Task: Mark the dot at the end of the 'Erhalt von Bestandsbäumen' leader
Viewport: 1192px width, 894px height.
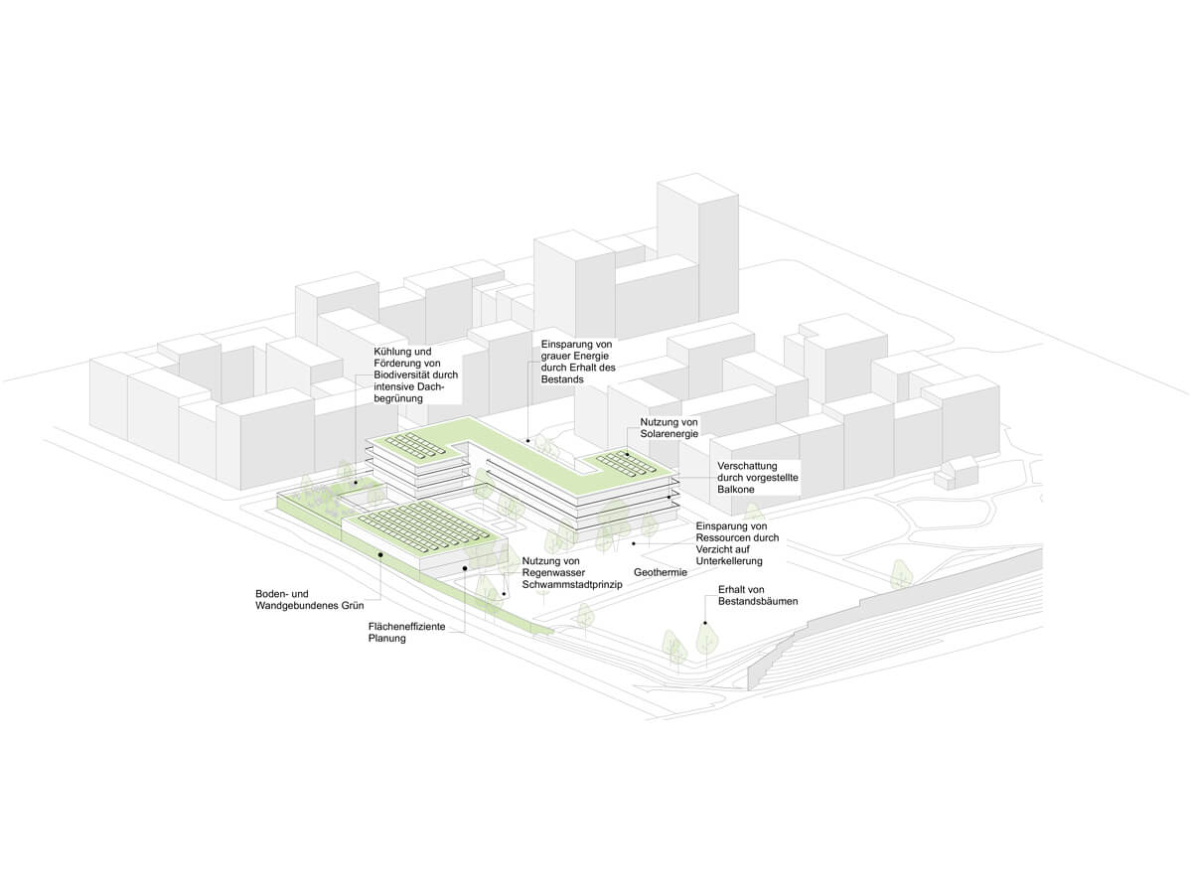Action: click(x=705, y=623)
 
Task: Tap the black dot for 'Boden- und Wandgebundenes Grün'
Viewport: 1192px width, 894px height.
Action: click(x=380, y=554)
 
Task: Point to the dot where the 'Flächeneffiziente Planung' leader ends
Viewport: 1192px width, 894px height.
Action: click(x=465, y=568)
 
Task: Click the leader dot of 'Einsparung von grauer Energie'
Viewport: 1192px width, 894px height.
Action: click(x=528, y=441)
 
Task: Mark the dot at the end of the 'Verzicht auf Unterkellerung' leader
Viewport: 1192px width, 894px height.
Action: click(x=634, y=543)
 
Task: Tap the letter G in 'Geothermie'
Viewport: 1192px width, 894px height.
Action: click(x=638, y=572)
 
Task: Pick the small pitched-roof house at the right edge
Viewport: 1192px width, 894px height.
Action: click(x=956, y=473)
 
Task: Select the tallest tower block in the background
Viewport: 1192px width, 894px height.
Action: click(x=697, y=247)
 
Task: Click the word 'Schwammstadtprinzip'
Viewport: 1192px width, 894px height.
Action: click(x=572, y=585)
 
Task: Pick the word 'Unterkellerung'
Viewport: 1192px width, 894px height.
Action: click(x=729, y=560)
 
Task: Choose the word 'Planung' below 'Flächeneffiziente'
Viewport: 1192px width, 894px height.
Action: click(x=387, y=639)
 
